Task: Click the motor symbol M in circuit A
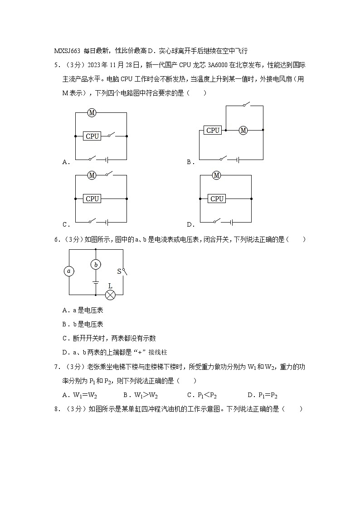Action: tap(92, 112)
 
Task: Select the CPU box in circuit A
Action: tap(92, 136)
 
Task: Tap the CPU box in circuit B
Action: tap(213, 130)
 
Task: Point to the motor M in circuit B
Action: tap(243, 131)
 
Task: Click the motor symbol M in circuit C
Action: tap(92, 175)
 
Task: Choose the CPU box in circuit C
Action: tap(92, 199)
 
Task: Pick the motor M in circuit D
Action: tap(216, 175)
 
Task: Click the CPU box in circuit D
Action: tap(217, 199)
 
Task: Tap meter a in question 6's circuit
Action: tap(69, 271)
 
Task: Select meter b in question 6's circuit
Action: tap(95, 265)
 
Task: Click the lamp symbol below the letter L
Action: tap(110, 295)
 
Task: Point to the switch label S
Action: tap(119, 271)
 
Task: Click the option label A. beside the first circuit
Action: tap(66, 162)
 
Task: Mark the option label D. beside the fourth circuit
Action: tap(190, 224)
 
